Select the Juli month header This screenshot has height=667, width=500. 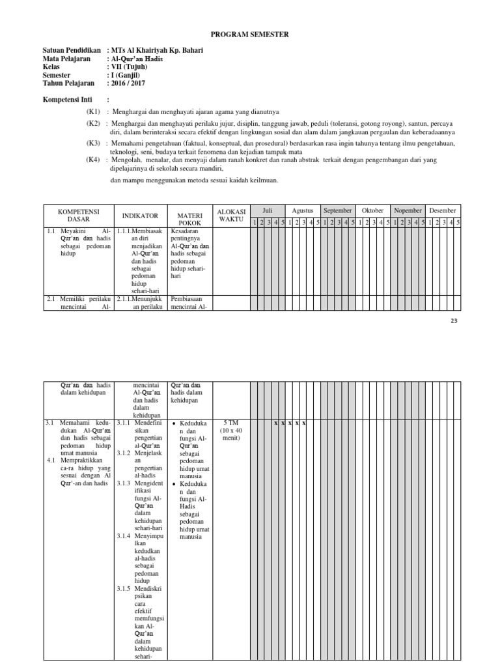[x=267, y=210]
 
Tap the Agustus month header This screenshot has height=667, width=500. [x=303, y=210]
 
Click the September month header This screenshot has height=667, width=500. [x=338, y=210]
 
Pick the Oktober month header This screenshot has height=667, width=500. [x=373, y=210]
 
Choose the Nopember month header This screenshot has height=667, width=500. [x=408, y=210]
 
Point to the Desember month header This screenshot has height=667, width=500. [x=443, y=210]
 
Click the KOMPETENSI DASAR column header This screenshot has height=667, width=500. [x=77, y=216]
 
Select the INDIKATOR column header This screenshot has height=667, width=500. [x=141, y=216]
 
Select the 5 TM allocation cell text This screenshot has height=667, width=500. [x=230, y=423]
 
